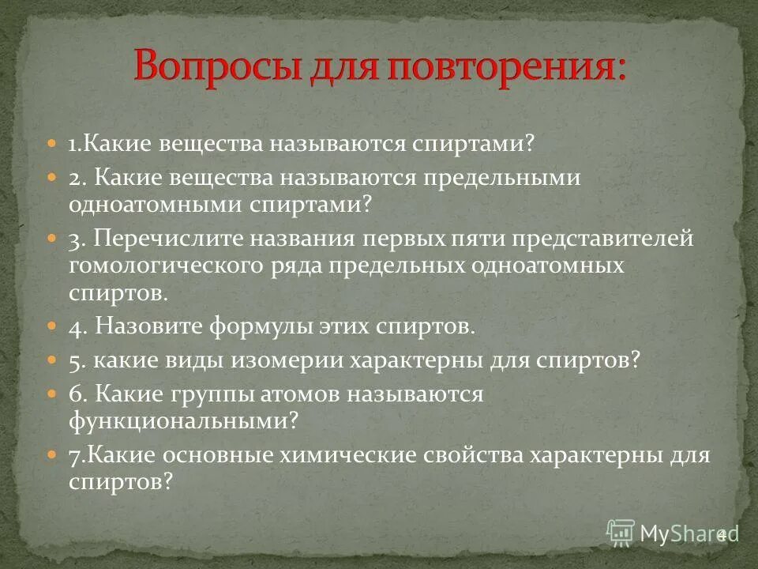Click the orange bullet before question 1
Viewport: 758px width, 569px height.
(x=52, y=145)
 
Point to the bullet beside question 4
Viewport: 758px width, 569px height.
(x=52, y=325)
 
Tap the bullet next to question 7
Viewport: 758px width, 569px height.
(x=52, y=454)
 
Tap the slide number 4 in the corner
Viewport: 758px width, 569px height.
(x=721, y=534)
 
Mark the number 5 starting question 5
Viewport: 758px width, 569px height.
(x=74, y=360)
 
